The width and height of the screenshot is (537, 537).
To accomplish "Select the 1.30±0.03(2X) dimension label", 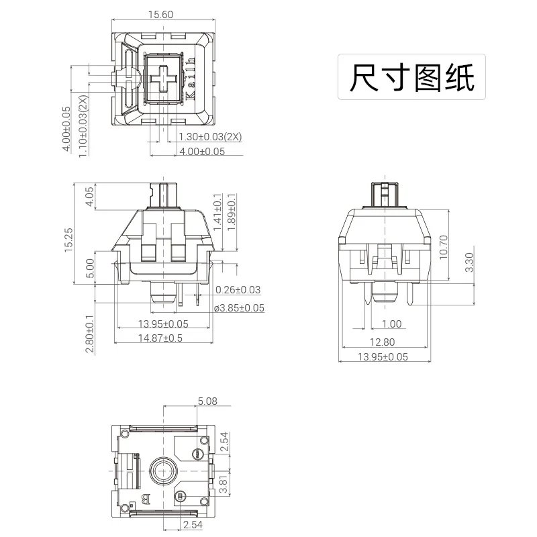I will (210, 137).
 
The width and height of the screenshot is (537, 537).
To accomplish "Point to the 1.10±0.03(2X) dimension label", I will (83, 126).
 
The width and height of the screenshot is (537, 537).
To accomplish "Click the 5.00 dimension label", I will (90, 268).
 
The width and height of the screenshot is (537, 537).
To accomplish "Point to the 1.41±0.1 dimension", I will (216, 213).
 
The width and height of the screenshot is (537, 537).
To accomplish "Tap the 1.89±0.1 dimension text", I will (232, 213).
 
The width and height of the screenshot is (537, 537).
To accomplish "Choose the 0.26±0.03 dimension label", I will (238, 290).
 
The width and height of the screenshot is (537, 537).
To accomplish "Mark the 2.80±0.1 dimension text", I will (90, 334).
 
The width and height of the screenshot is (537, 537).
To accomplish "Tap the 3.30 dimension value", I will (470, 261).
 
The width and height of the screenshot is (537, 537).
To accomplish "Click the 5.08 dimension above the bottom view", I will (207, 401).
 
